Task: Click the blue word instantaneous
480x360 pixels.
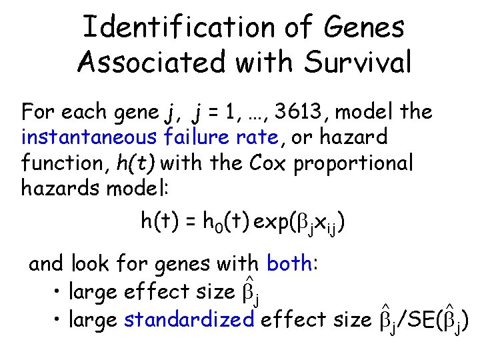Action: tap(90, 137)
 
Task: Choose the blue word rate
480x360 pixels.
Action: tap(258, 137)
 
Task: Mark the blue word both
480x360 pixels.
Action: tap(289, 264)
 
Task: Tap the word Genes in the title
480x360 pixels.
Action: tap(367, 27)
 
